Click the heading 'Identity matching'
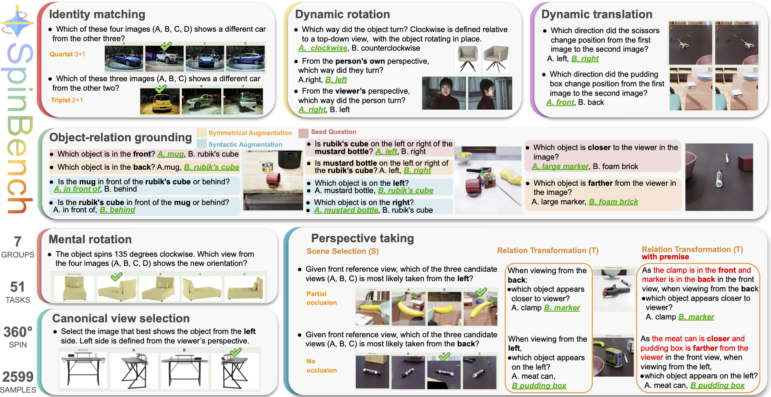[97, 14]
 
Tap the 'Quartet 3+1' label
[67, 54]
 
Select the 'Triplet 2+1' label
[67, 100]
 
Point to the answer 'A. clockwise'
[323, 48]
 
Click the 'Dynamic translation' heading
[596, 14]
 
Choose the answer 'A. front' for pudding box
[560, 102]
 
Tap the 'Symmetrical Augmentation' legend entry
[250, 133]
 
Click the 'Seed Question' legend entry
[333, 132]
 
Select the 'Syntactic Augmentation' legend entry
[245, 145]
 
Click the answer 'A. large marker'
[560, 166]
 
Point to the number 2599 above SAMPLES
[18, 377]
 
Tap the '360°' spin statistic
[18, 332]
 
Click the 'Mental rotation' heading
[90, 239]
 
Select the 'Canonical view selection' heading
[121, 318]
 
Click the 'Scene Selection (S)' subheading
[343, 251]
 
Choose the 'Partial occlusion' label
[321, 298]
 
